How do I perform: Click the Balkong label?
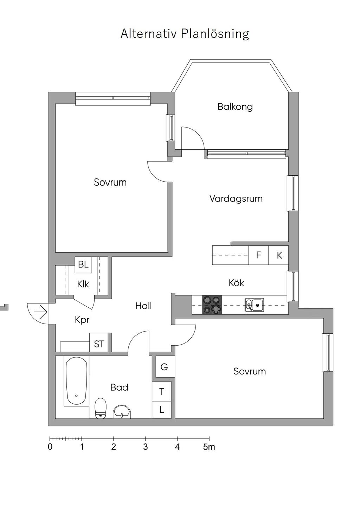click(x=235, y=106)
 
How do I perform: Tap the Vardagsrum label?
click(x=236, y=198)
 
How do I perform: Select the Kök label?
click(x=236, y=283)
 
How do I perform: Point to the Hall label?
click(x=143, y=306)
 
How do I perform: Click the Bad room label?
click(x=120, y=387)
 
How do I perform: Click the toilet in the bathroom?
click(x=100, y=408)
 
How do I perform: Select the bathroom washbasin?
click(x=122, y=411)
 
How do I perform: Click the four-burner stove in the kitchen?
click(x=212, y=305)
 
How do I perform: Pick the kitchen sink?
click(x=254, y=305)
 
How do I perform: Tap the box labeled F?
click(x=258, y=255)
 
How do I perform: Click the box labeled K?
click(x=278, y=255)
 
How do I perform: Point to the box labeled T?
click(x=161, y=391)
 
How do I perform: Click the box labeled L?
click(x=161, y=410)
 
